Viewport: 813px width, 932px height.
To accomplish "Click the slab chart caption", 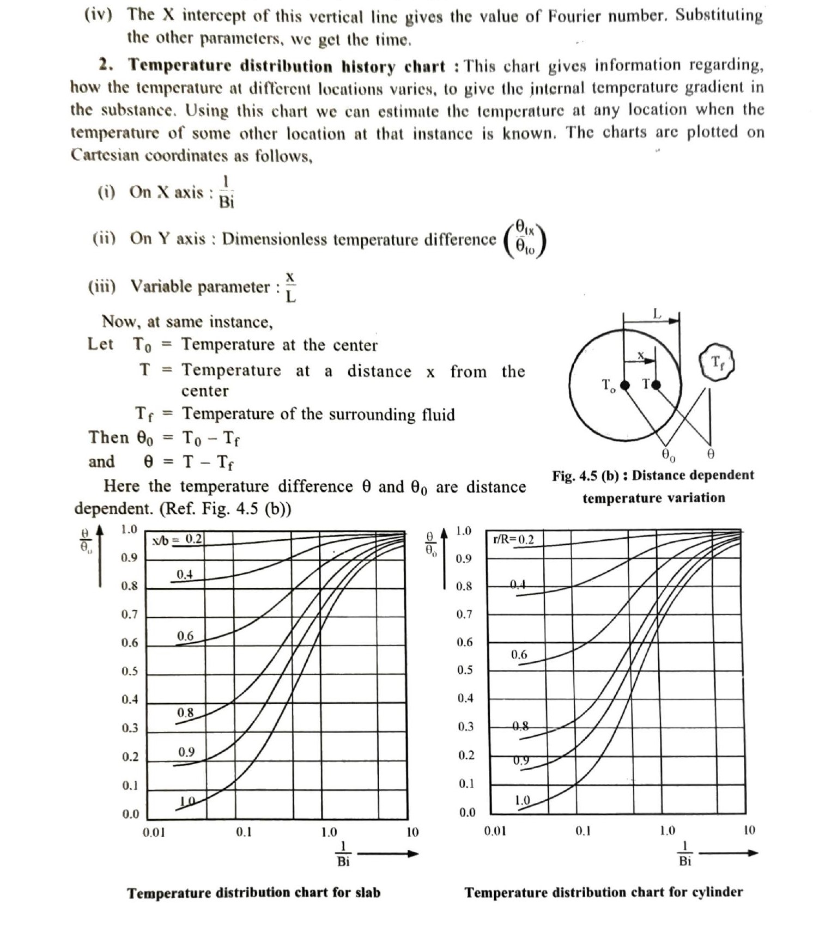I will point(253,893).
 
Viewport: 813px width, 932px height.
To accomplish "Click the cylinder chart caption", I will point(603,892).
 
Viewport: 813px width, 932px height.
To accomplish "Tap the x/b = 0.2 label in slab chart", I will point(178,539).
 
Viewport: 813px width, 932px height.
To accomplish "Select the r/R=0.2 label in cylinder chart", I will point(513,539).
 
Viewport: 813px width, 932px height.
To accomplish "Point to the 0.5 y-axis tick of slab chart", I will point(130,671).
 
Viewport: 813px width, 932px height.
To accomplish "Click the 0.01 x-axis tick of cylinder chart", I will point(495,831).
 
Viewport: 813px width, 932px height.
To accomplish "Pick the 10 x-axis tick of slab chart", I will point(412,832).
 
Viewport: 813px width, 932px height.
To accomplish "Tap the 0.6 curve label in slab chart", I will point(185,636).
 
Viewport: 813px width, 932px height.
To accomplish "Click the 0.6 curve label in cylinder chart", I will point(519,654).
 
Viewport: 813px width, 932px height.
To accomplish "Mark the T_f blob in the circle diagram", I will point(717,362).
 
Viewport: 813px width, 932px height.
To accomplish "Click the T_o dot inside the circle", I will point(625,385).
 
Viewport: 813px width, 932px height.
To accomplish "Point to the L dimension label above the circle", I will point(657,314).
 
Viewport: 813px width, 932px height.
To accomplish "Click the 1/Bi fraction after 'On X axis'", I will point(227,192).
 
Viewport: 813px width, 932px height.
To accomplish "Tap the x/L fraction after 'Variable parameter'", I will point(290,287).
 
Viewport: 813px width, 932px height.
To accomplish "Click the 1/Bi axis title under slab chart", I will point(343,854).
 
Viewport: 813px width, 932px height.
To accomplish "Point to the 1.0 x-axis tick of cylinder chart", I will point(668,831).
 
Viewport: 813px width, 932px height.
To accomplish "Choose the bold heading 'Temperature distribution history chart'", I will point(287,66).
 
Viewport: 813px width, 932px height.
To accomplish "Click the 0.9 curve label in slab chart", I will point(186,752).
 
